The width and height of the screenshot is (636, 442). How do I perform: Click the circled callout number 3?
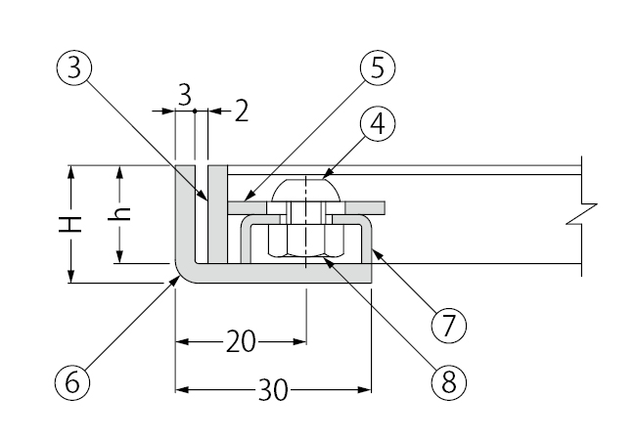pos(74,69)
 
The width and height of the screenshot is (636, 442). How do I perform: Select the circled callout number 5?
pos(376,69)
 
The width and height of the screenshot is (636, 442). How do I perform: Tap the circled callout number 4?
pos(375,124)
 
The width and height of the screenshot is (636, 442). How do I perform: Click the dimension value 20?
pos(241,341)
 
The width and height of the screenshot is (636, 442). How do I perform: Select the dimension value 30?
pos(272,391)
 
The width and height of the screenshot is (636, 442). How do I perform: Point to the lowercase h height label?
pos(121,216)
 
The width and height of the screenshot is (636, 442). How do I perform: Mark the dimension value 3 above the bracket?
pos(184,94)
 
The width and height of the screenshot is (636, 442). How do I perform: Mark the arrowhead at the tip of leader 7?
pos(375,251)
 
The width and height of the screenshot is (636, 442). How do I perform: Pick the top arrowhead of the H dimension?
pos(71,172)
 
